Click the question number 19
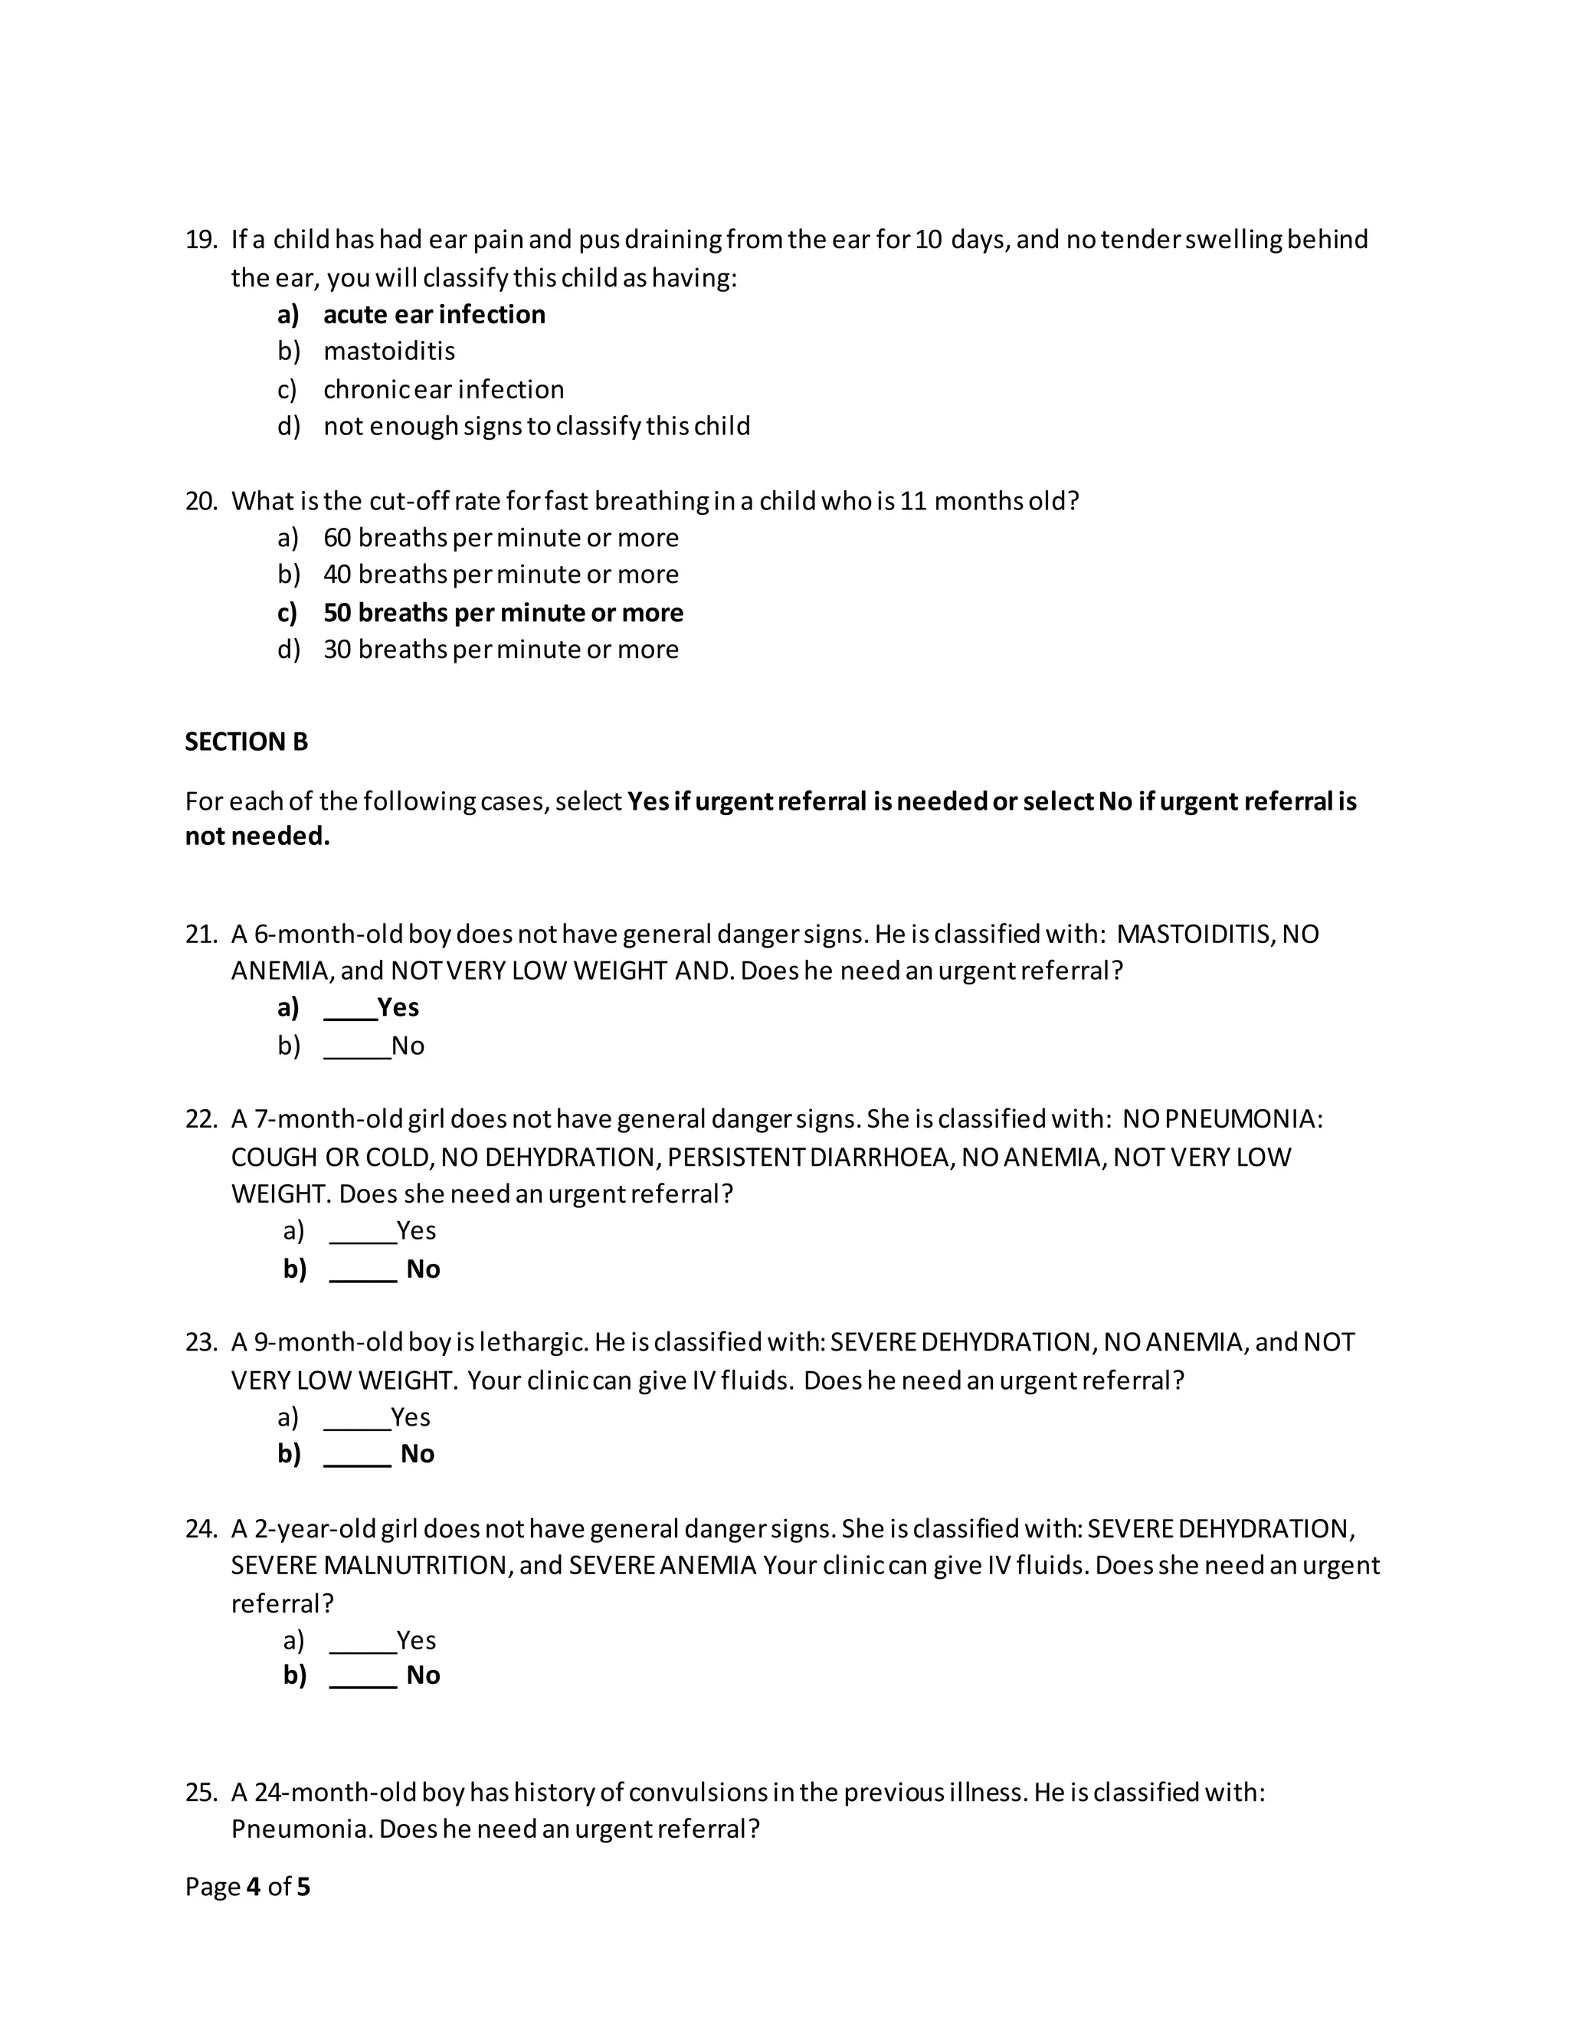coord(200,240)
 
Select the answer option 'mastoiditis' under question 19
coord(388,352)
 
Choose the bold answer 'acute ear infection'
coord(433,314)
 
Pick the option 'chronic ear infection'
coord(444,388)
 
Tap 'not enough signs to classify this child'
coord(536,426)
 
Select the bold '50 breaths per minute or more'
coord(503,613)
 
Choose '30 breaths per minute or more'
coord(500,649)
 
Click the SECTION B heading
coord(247,742)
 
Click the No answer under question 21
coord(407,1046)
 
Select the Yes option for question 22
coord(415,1231)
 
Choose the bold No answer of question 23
coord(418,1454)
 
